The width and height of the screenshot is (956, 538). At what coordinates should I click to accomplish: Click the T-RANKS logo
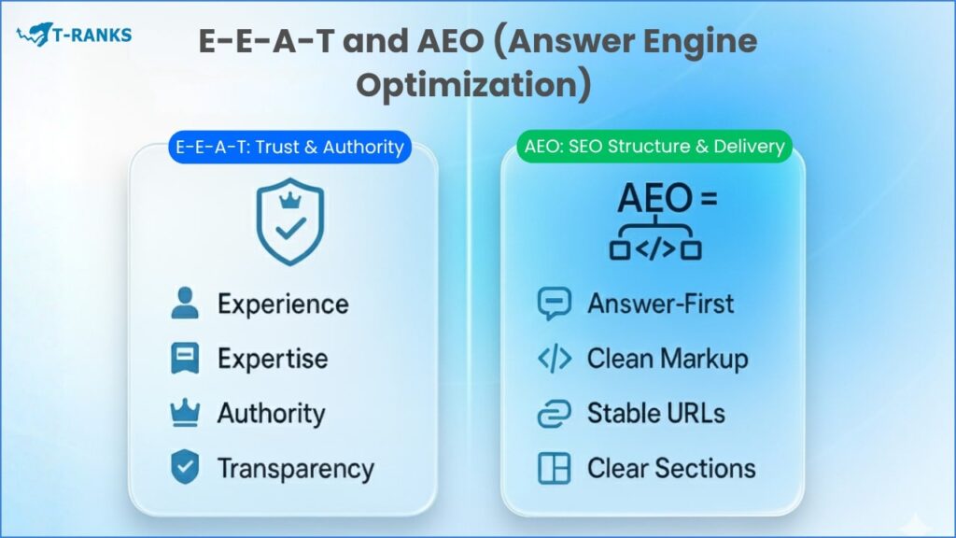pos(74,36)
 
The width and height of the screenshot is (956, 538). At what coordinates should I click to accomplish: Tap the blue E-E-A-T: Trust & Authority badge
pos(288,147)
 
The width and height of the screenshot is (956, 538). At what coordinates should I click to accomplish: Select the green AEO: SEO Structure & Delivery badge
pos(653,147)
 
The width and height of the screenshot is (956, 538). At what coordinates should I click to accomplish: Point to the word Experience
pos(283,304)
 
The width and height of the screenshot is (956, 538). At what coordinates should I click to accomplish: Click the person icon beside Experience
pos(185,304)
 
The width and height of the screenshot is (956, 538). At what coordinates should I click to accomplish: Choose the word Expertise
pos(273,359)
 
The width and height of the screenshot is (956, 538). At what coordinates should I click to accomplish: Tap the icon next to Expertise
pos(185,359)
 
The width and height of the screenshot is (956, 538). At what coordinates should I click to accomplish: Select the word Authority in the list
pos(271,414)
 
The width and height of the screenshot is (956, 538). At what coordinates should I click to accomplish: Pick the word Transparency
pos(295,468)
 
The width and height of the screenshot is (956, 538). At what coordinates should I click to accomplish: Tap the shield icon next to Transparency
pos(185,468)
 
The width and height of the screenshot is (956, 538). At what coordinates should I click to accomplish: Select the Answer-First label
pos(660,304)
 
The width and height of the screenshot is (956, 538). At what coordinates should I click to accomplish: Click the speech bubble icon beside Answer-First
pos(555,304)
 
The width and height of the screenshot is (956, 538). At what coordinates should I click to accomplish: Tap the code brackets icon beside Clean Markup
pos(555,359)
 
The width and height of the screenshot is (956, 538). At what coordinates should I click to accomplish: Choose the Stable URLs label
pos(655,414)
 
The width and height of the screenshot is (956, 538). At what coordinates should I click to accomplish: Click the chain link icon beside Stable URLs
pos(555,414)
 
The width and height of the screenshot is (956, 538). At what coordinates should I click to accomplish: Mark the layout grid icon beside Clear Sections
pos(555,468)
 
